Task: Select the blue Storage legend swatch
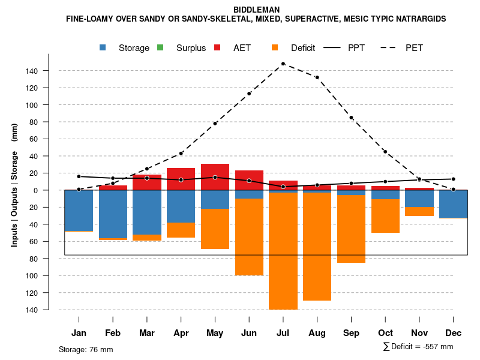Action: pos(103,47)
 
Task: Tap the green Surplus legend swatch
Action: pos(160,47)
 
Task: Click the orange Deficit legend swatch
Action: pos(275,47)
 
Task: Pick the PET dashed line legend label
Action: pos(414,47)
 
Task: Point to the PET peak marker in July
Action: pos(283,64)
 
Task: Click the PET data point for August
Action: pos(317,77)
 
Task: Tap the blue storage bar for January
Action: pos(79,211)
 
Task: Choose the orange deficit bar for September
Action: pos(351,229)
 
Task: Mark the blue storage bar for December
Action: pos(453,204)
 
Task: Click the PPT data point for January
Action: pos(79,176)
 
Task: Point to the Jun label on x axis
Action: pos(249,333)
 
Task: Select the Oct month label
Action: pos(385,333)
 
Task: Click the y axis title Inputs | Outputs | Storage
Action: pos(14,190)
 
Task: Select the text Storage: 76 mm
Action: pos(86,349)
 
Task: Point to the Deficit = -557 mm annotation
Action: pos(418,347)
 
